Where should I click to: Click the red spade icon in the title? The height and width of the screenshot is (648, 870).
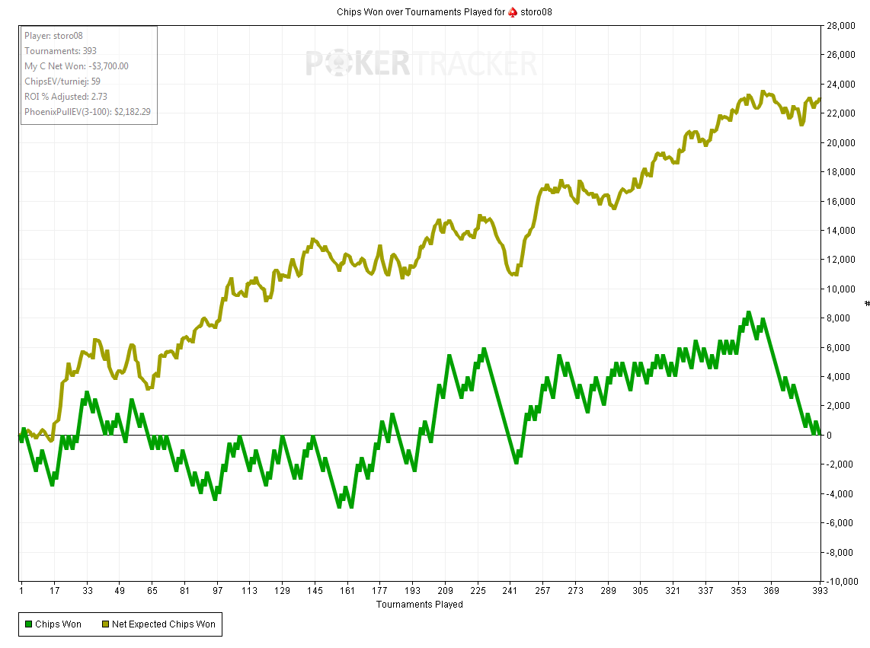[x=513, y=12]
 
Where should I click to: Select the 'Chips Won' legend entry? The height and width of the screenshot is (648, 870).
[x=53, y=624]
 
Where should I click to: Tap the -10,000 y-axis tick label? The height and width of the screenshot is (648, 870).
[x=843, y=582]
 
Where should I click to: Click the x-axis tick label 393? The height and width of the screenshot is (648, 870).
[x=820, y=591]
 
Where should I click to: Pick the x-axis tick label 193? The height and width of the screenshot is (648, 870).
[x=412, y=591]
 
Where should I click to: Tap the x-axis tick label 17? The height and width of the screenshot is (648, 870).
[x=55, y=591]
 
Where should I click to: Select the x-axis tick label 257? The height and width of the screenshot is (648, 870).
[x=542, y=591]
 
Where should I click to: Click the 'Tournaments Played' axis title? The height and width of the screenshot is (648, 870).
[x=419, y=605]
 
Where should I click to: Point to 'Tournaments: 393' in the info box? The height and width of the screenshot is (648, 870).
[x=60, y=51]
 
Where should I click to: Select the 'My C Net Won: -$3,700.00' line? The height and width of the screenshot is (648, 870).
[x=76, y=66]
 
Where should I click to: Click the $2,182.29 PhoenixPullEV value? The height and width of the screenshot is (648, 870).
[x=132, y=112]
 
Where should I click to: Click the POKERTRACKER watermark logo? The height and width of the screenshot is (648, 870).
[x=421, y=64]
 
